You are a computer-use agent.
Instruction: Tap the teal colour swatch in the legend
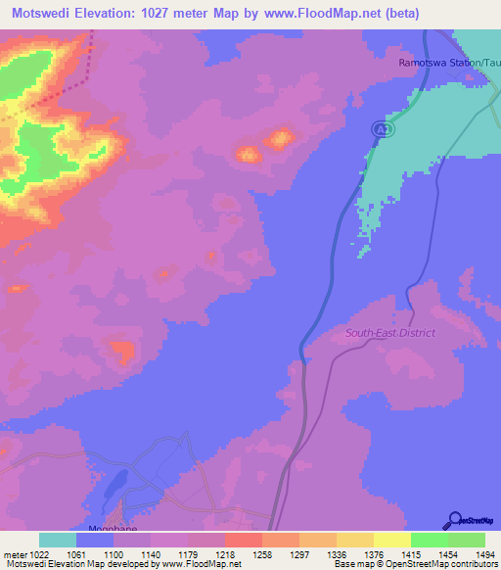(x=58, y=540)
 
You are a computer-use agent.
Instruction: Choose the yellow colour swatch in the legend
(x=391, y=540)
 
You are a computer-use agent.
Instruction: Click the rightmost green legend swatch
(x=467, y=540)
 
